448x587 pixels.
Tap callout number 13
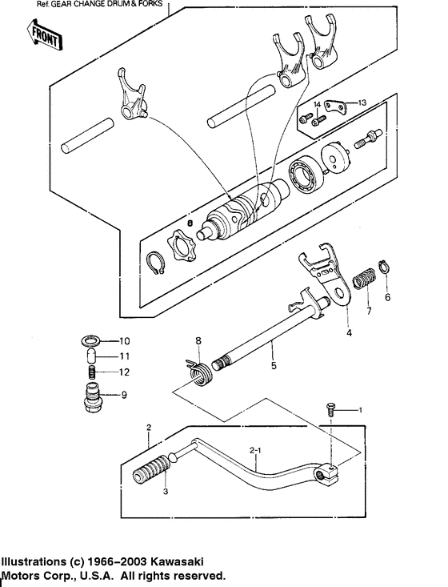362,103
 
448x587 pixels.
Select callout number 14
317,105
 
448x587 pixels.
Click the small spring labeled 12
93,372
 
